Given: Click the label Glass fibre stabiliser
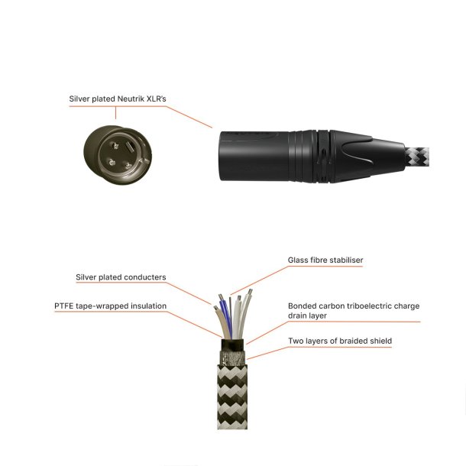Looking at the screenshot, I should tap(325, 261).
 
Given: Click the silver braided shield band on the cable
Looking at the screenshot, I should tap(231, 357).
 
